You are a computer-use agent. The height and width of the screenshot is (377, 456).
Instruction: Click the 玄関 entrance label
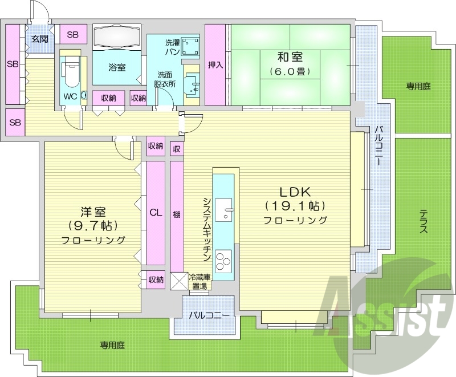(x=39, y=39)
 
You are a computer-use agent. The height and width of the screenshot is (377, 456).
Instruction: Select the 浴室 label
(x=117, y=67)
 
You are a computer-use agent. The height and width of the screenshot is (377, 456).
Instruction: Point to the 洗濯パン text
(x=173, y=47)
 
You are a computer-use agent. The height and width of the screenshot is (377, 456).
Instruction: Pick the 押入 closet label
(x=215, y=64)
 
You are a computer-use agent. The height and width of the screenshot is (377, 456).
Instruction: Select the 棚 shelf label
(x=177, y=215)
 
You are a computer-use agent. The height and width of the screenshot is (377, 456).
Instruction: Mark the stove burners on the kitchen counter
(x=224, y=261)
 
